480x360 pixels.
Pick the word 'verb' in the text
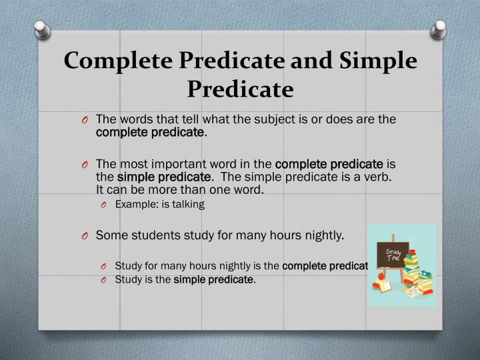(379, 177)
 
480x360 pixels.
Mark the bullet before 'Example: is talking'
(105, 205)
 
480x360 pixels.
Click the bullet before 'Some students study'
(86, 235)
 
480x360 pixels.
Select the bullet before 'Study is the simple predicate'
(105, 280)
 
